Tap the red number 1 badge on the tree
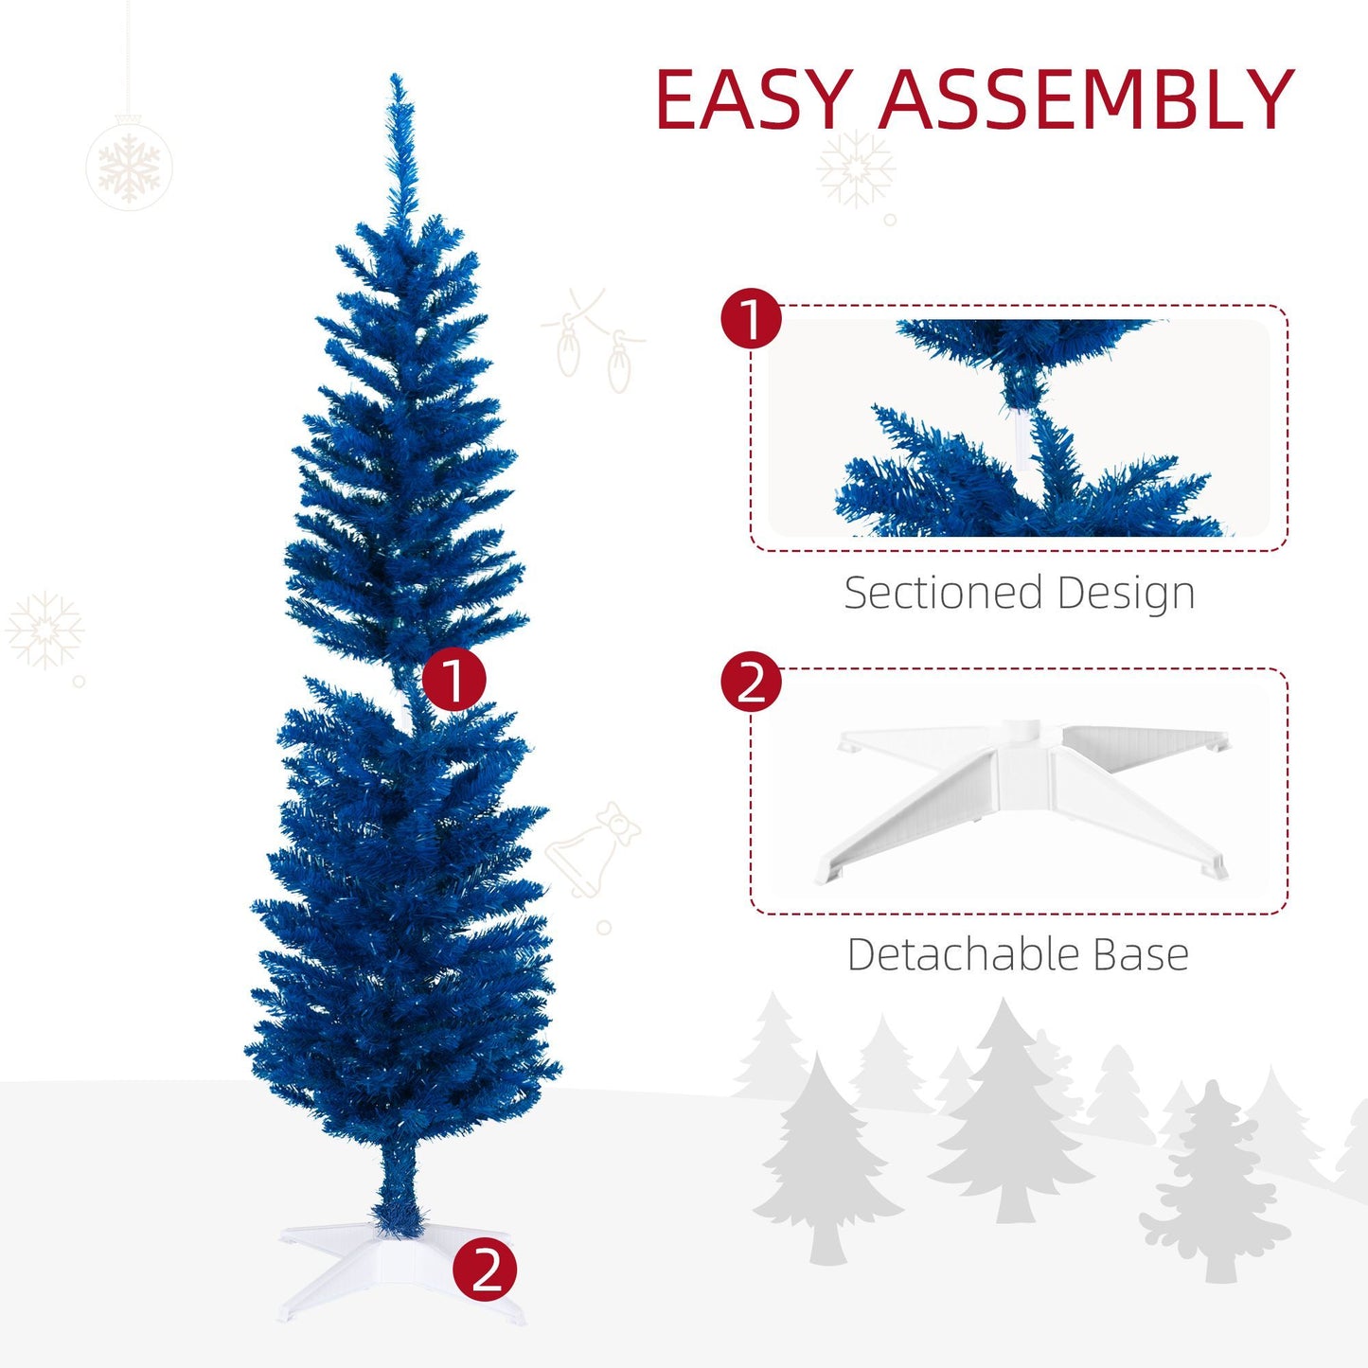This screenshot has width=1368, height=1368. [453, 680]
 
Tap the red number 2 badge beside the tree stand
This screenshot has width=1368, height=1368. [485, 1269]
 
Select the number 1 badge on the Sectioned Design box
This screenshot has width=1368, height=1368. [752, 319]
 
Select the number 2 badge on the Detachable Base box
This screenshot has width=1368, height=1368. [752, 682]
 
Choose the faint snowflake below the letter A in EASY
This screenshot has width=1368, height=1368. [855, 169]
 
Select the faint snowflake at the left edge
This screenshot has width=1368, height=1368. [44, 631]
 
